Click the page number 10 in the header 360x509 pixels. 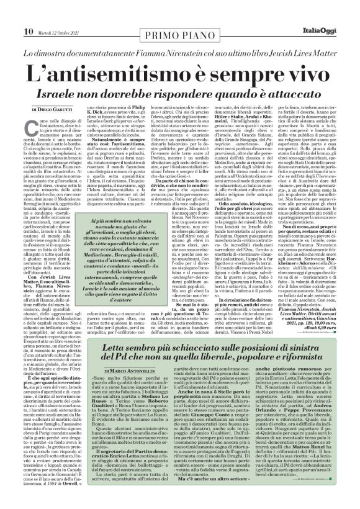12,11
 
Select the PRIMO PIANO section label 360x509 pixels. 181,11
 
